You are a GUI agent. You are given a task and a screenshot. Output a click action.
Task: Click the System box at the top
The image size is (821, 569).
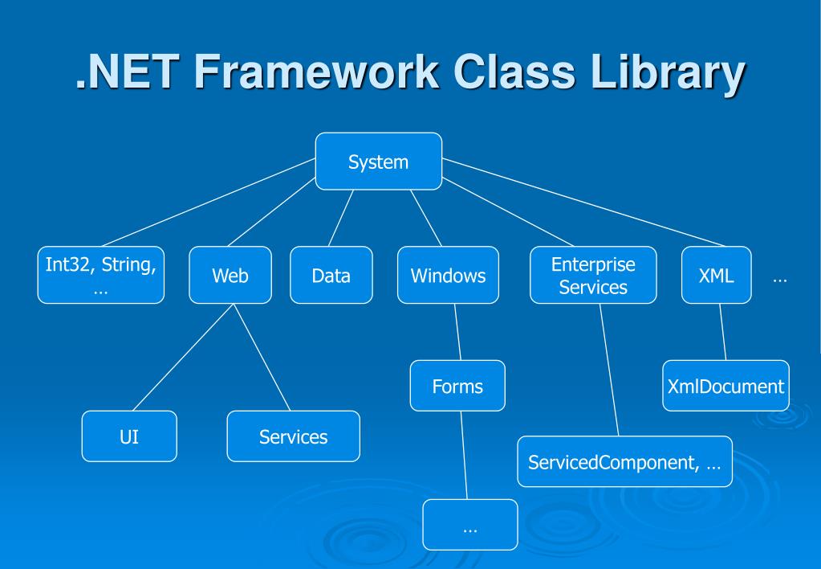click(378, 162)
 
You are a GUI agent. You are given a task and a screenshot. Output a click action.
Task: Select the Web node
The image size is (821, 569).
click(230, 275)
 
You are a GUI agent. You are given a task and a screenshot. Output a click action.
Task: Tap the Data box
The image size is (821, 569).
click(331, 275)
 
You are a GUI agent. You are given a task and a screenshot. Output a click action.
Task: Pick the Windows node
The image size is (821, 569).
click(448, 275)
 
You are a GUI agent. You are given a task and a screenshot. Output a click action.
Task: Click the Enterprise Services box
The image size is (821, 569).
click(593, 275)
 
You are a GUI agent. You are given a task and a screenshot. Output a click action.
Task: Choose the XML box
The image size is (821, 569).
click(716, 275)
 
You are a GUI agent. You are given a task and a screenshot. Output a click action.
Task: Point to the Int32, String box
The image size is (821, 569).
click(100, 275)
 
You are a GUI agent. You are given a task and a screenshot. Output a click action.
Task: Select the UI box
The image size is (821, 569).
click(128, 436)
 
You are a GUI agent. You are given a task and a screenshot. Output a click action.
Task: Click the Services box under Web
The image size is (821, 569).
click(293, 436)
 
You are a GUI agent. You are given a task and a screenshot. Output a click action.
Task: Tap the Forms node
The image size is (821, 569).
click(457, 386)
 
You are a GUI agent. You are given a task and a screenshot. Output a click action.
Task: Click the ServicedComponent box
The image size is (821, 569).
click(624, 461)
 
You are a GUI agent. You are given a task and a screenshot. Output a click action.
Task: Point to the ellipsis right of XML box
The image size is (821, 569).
click(779, 279)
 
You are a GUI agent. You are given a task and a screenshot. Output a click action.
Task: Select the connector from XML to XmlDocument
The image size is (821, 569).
click(722, 331)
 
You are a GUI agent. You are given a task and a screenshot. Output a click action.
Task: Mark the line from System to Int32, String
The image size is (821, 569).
click(209, 202)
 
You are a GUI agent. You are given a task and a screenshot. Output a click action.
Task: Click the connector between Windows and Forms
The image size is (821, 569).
click(455, 331)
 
